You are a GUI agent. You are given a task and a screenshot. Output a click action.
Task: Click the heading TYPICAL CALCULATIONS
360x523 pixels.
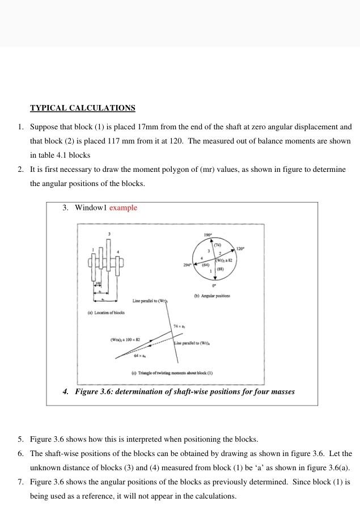[82, 108]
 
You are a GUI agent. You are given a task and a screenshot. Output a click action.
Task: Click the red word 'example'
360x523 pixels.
[123, 208]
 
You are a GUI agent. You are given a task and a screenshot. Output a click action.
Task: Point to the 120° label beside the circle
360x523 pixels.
[240, 248]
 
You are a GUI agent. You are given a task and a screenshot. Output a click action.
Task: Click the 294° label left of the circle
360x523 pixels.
[187, 265]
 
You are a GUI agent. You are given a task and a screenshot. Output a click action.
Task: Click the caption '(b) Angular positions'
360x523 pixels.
[212, 296]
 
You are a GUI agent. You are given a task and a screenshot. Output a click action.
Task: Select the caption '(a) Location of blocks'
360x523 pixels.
[106, 313]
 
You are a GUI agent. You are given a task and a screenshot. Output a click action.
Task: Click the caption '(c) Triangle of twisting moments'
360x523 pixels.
[172, 373]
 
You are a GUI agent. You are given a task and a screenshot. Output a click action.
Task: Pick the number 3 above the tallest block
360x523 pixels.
[109, 234]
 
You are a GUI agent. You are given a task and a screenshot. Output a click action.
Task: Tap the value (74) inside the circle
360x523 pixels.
[217, 244]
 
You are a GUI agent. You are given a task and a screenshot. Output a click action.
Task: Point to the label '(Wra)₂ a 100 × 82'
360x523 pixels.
[125, 339]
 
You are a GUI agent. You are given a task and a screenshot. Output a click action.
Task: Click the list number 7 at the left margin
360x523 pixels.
[20, 482]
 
